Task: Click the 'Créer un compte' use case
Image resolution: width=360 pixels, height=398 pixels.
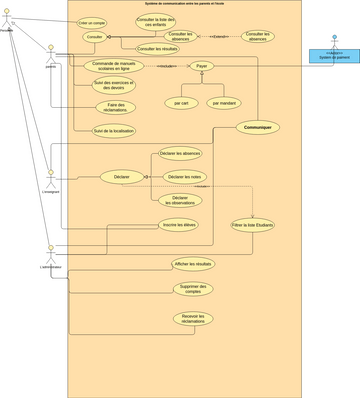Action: point(92,22)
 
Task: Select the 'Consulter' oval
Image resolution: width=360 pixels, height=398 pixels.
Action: point(96,37)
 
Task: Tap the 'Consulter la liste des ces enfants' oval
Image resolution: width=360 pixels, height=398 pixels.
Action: point(155,21)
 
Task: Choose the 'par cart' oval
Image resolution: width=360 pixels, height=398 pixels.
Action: point(181,102)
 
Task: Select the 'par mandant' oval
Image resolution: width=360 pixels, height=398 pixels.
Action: point(223,102)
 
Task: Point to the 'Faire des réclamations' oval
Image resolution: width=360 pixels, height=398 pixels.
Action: point(115,107)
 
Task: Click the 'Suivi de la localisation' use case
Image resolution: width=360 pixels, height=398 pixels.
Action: point(113,130)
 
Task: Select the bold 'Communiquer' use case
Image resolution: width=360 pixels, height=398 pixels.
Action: point(258,128)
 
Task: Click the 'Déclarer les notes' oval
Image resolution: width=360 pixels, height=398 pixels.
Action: point(180,177)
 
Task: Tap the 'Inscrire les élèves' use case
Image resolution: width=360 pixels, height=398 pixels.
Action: point(179,225)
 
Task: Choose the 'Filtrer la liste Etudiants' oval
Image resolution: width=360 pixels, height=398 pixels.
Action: point(252,225)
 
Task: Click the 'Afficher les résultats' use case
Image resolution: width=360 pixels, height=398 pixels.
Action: point(193,264)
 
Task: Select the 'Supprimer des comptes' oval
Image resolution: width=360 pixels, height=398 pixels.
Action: point(193,289)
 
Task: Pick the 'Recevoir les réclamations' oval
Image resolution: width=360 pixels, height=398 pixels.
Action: point(193,319)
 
